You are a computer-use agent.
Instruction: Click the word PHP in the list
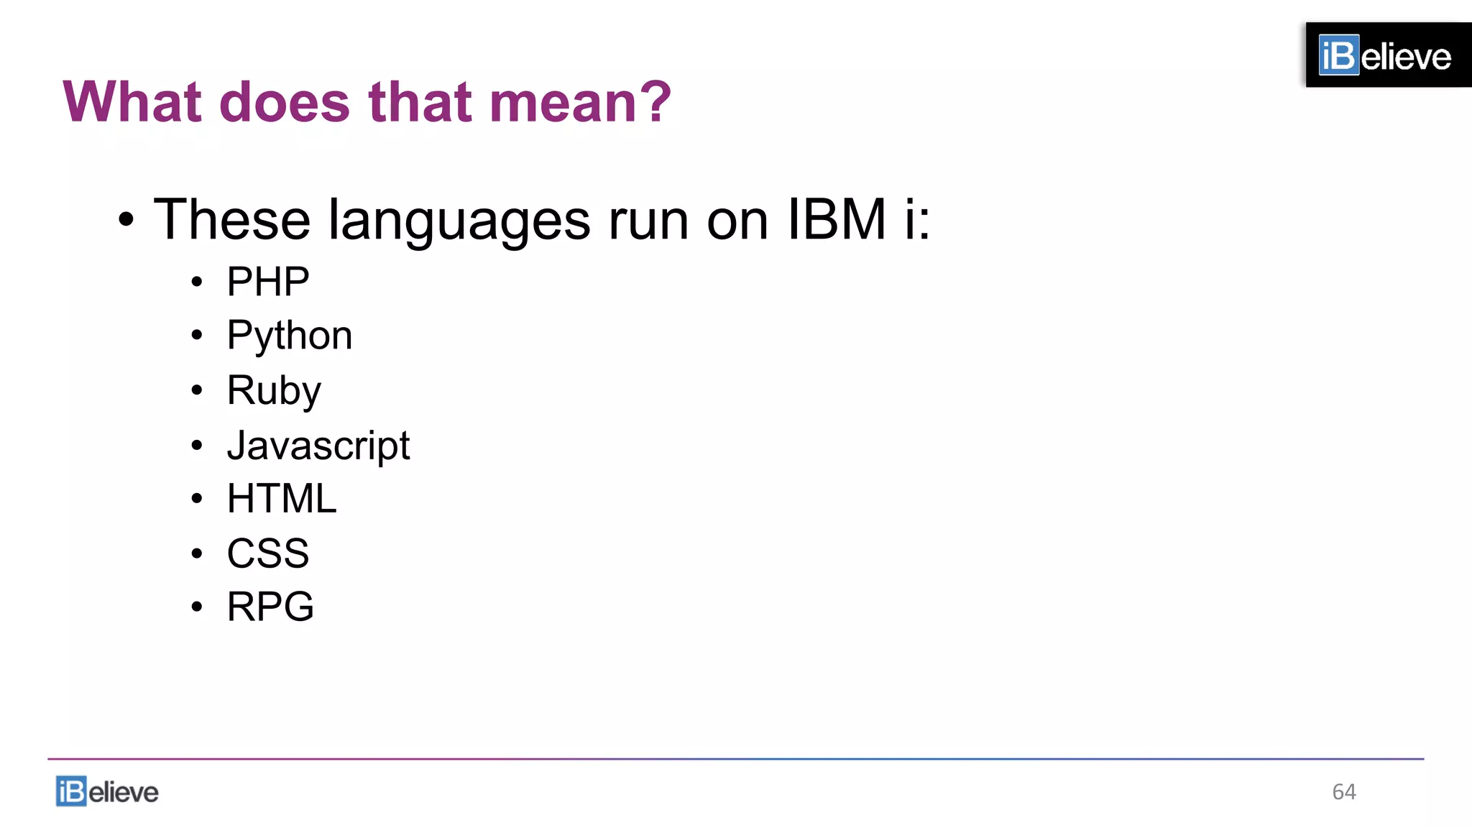267,281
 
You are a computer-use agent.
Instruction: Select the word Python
289,336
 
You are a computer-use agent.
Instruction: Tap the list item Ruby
273,390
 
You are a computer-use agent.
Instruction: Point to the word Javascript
318,446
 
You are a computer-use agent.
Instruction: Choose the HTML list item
281,498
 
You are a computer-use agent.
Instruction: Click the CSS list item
267,553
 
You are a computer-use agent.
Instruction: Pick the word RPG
270,607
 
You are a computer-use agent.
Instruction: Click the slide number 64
1343,791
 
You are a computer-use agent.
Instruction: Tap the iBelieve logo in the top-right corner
1387,55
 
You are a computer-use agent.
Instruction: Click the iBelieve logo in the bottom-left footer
107,791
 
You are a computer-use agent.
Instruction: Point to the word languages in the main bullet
459,220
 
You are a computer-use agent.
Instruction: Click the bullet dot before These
126,220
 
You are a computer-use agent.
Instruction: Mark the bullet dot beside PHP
197,282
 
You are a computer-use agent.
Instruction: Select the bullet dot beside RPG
197,607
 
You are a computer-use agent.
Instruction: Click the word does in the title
285,102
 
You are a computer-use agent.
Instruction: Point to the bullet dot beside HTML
197,499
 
